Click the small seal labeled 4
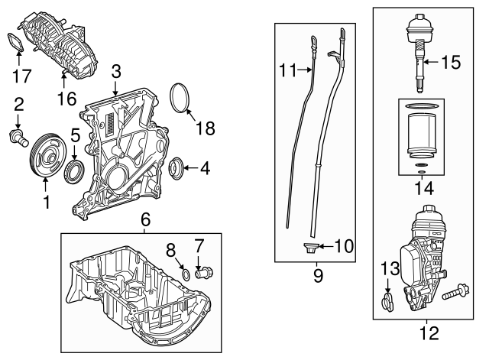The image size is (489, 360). (x=176, y=166)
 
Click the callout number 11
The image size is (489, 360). (x=288, y=70)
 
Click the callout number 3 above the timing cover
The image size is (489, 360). (x=115, y=72)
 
